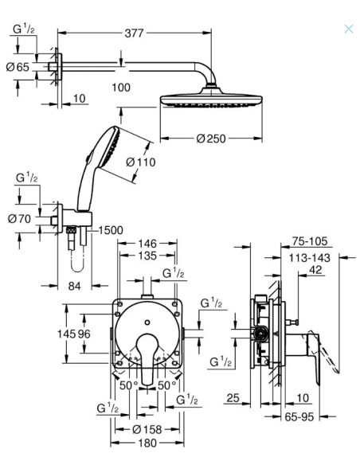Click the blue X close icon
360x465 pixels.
coord(349,29)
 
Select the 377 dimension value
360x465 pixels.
coord(134,33)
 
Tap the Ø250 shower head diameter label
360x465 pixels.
coord(211,139)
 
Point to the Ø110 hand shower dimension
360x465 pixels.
coord(140,162)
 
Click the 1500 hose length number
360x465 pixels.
coord(111,230)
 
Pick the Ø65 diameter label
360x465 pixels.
coord(18,67)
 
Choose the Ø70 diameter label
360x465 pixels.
coord(19,219)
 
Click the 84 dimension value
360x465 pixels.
coord(74,286)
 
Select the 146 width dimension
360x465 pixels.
coord(147,244)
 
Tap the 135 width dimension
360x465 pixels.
coord(147,256)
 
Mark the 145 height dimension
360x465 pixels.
coord(66,334)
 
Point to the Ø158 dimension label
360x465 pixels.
coord(147,429)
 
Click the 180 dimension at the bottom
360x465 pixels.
coord(147,444)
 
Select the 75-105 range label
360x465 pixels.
coord(310,241)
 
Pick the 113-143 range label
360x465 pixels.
coord(310,258)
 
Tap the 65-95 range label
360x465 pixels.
coord(299,417)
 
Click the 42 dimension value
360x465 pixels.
coord(315,270)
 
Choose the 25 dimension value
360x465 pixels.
coord(233,398)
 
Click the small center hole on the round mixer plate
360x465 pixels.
coord(147,322)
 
